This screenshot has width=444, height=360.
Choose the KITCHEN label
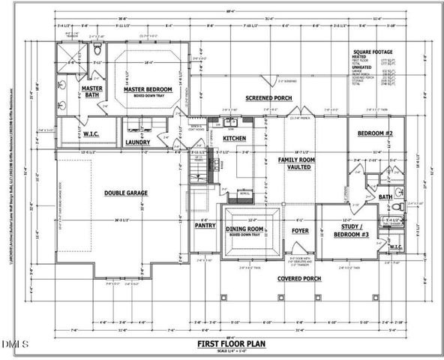pyautogui.click(x=235, y=139)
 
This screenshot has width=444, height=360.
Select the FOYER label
pyautogui.click(x=301, y=231)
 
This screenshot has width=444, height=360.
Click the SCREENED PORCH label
pyautogui.click(x=268, y=98)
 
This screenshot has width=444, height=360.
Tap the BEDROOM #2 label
pyautogui.click(x=375, y=133)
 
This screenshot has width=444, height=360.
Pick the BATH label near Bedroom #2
pyautogui.click(x=385, y=197)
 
